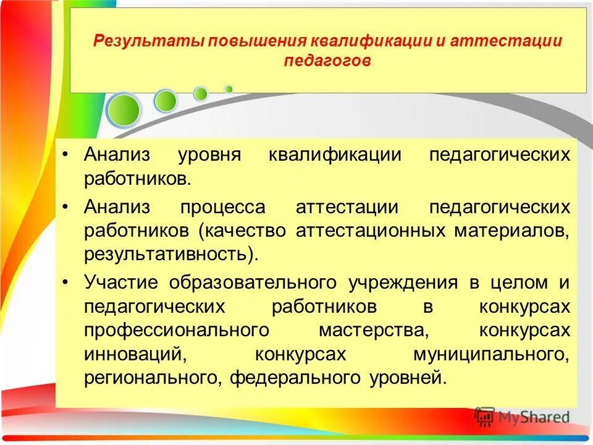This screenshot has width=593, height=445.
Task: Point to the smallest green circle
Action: (229, 89)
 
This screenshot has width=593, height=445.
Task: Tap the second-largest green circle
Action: (166, 101)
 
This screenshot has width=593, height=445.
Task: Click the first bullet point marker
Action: (67, 155)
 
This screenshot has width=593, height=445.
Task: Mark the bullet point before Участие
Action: (67, 282)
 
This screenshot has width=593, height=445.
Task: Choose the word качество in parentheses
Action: (244, 231)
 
